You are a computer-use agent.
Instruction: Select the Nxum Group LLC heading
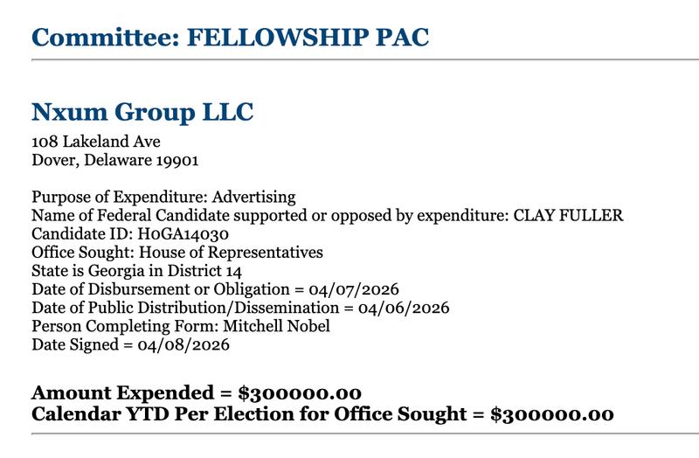coord(142,112)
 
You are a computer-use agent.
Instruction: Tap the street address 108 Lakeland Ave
coord(96,142)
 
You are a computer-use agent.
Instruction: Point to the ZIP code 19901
coord(178,161)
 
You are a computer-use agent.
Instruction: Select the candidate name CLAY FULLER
coord(567,216)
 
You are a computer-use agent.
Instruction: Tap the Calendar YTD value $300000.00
coord(552,413)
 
